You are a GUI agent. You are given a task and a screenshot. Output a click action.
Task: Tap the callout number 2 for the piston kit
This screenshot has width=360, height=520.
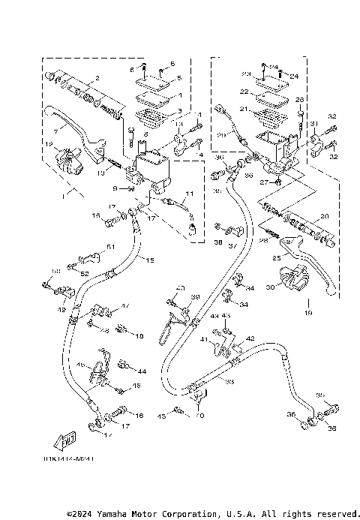tap(97, 80)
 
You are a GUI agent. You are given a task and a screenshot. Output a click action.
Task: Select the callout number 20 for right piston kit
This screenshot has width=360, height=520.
tap(323, 216)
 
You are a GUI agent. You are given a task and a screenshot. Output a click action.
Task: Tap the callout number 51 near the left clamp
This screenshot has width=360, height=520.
tap(111, 247)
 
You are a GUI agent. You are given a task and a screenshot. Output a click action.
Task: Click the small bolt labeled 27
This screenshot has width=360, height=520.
tap(279, 182)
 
